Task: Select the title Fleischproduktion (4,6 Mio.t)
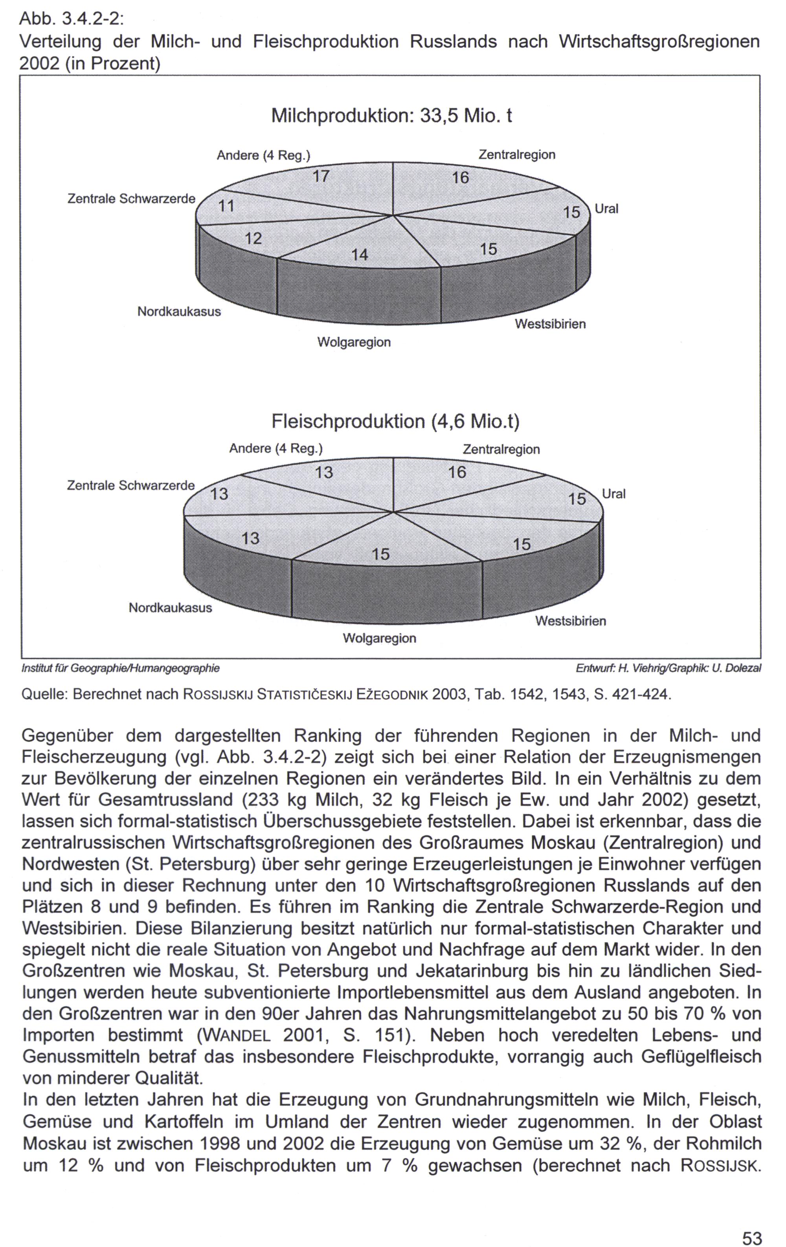click(x=395, y=422)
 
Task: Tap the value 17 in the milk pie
click(x=321, y=177)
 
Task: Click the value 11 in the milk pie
click(x=226, y=207)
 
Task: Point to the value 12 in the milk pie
click(x=253, y=239)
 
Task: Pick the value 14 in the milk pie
click(x=359, y=255)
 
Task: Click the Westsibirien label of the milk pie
click(x=550, y=324)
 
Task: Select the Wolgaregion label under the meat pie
click(x=379, y=638)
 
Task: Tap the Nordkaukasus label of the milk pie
click(x=179, y=312)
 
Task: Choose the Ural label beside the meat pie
click(x=614, y=494)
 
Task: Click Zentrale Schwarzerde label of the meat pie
click(x=131, y=486)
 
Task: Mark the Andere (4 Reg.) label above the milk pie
click(x=263, y=155)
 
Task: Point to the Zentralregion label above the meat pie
click(x=501, y=450)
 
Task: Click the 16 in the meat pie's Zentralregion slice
click(x=457, y=472)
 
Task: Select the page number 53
click(x=752, y=1234)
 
